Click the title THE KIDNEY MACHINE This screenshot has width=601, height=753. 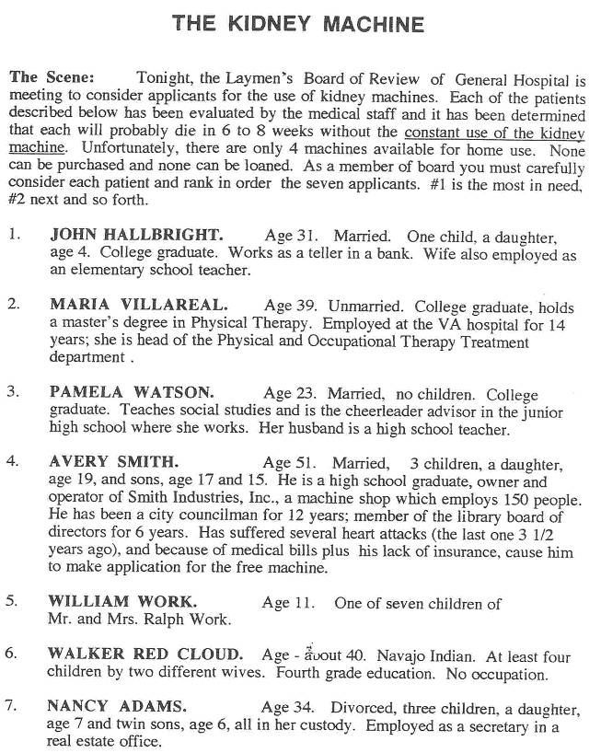[x=299, y=24]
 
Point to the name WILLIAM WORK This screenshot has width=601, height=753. [x=122, y=602]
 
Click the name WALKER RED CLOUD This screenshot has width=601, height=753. [x=145, y=655]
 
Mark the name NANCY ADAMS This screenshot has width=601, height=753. [x=117, y=707]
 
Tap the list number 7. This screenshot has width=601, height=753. [x=12, y=707]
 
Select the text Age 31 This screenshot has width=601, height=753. [x=291, y=237]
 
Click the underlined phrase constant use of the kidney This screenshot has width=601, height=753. [x=494, y=132]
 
